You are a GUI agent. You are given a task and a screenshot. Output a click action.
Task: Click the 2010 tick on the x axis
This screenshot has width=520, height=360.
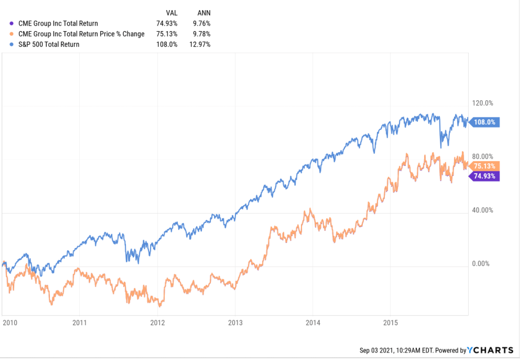tap(10, 322)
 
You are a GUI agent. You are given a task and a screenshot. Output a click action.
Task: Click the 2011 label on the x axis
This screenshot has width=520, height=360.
tap(80, 322)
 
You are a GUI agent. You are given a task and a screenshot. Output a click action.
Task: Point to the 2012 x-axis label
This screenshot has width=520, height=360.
tap(158, 322)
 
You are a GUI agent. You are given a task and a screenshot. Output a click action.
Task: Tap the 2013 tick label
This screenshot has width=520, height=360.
tap(235, 322)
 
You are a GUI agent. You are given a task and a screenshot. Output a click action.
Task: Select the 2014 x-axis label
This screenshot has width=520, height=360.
tap(312, 322)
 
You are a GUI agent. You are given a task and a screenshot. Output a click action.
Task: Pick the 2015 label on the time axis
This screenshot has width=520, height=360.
tap(390, 322)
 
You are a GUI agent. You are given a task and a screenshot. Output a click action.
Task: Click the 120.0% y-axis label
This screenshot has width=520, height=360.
tap(483, 103)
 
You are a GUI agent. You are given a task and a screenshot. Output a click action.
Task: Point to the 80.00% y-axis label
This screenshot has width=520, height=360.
tap(483, 157)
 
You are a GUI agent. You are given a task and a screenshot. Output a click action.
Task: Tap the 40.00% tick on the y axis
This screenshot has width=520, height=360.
tap(483, 210)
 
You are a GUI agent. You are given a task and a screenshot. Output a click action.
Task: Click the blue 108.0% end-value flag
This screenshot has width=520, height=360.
tap(485, 122)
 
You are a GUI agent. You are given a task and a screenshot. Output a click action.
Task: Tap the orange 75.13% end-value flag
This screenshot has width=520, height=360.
tap(485, 166)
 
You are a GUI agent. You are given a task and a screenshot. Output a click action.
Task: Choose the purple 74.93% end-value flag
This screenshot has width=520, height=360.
tap(485, 176)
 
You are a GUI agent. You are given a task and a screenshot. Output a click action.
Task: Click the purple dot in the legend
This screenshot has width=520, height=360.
tap(11, 23)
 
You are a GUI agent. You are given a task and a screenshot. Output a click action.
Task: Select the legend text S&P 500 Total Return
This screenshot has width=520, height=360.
tap(49, 44)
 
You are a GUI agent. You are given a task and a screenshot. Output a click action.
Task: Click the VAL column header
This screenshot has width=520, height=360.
tap(171, 13)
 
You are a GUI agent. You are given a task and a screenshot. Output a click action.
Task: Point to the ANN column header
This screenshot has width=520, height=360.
tap(203, 13)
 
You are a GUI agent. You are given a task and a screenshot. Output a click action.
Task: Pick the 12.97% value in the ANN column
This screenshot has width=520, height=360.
tap(201, 44)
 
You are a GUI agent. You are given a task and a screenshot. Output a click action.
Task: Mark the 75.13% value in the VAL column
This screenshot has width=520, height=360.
tap(167, 34)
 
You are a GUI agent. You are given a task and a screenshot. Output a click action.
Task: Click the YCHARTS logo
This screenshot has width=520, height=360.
tap(490, 350)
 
